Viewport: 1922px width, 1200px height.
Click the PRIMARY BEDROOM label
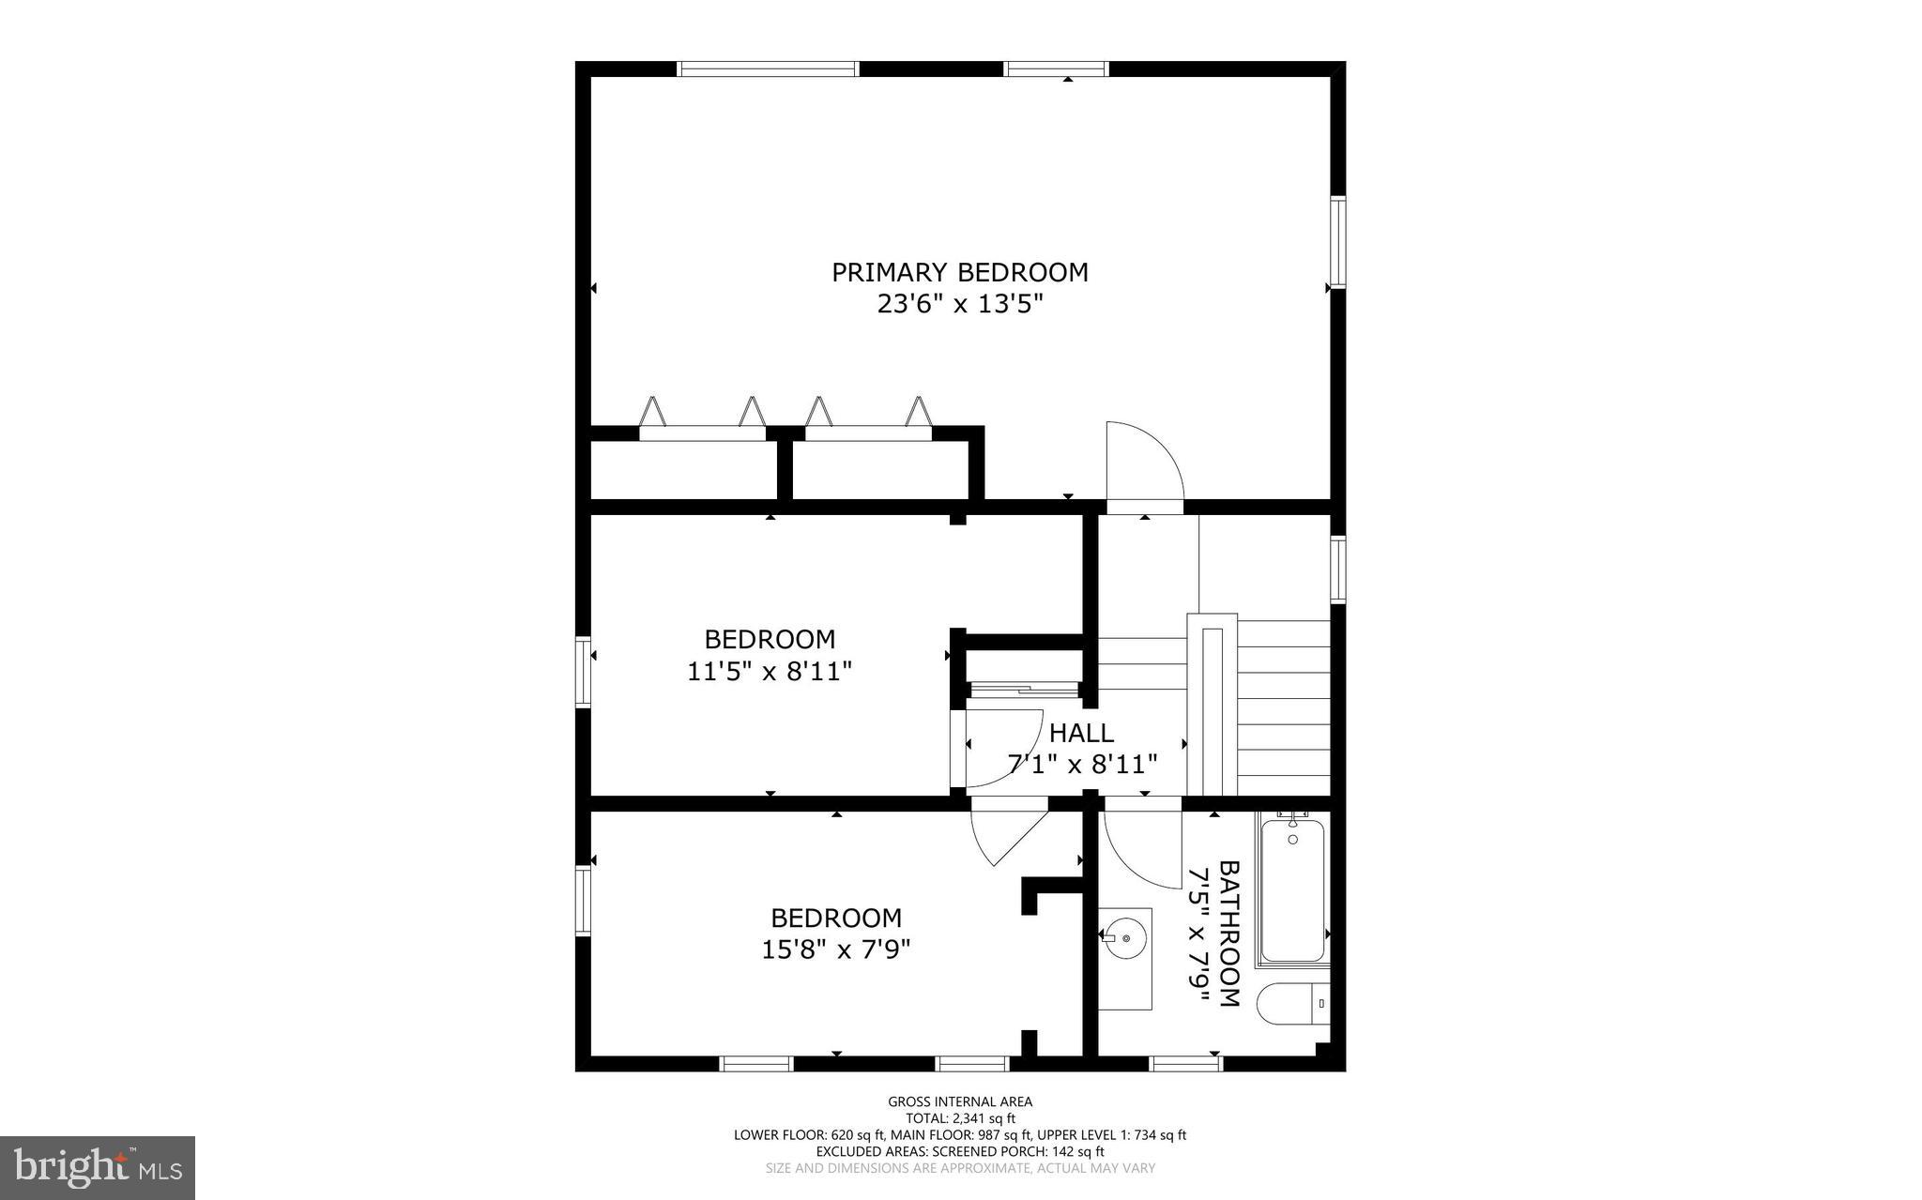[x=960, y=272]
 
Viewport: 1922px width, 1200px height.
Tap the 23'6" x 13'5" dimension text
[x=960, y=304]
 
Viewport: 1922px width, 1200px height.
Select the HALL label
[x=1081, y=733]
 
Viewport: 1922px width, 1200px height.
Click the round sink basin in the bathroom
[x=1123, y=934]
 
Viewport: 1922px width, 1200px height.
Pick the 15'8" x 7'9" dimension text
[x=835, y=949]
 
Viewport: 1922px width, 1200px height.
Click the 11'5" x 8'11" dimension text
[x=770, y=672]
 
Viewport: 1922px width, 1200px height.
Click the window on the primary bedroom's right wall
[x=1338, y=241]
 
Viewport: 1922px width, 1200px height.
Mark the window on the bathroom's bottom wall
[x=1186, y=1063]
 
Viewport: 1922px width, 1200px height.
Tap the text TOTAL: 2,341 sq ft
[x=960, y=1118]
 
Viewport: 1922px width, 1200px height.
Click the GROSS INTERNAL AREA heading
[x=960, y=1101]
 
